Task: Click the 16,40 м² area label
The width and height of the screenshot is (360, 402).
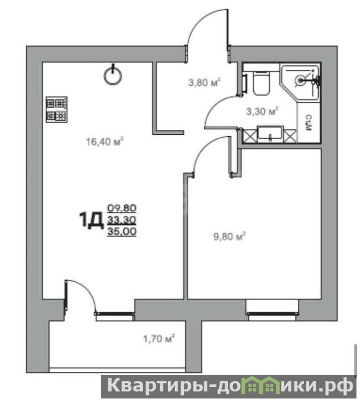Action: point(104,141)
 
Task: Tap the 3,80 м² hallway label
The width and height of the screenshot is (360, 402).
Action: point(204,83)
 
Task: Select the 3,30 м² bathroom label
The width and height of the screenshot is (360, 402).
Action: point(262,112)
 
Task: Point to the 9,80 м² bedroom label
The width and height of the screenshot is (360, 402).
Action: point(230,236)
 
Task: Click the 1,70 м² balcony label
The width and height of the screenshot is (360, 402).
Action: point(159,339)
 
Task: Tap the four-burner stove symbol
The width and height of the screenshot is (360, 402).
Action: point(56,109)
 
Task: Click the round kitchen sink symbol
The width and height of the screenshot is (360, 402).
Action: point(113,75)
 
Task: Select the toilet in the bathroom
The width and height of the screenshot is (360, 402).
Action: point(261,83)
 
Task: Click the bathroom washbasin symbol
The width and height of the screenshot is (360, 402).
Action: point(271,133)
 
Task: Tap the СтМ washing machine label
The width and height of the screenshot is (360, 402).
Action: point(309,123)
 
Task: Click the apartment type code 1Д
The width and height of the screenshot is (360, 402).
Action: point(92,220)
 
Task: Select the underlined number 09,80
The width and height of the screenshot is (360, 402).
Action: point(122,208)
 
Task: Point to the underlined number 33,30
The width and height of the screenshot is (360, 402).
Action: point(122,220)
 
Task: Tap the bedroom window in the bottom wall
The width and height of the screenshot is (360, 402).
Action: point(272,313)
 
